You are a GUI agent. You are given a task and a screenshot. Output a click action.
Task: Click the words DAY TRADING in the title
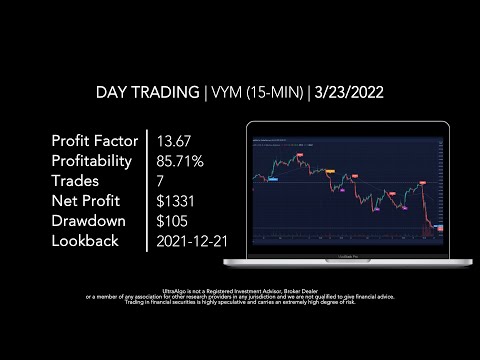(x=147, y=93)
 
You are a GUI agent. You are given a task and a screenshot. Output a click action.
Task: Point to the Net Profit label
(x=87, y=200)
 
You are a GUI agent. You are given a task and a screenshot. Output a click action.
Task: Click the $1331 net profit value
(x=177, y=200)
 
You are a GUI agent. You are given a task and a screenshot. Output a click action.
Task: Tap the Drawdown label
(x=91, y=220)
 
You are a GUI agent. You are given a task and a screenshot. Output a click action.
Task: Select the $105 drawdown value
(x=174, y=220)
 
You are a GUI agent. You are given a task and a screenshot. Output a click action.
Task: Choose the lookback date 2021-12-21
(x=193, y=241)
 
